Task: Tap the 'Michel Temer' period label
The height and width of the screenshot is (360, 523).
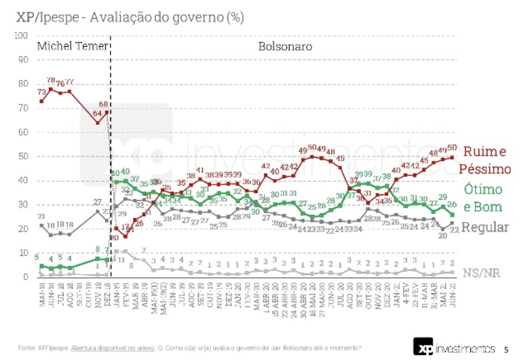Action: click(72, 46)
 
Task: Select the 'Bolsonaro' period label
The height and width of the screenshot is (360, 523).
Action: click(285, 46)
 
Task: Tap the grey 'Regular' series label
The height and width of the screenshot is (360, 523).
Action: click(485, 227)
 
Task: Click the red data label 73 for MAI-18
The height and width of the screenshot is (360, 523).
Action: click(42, 92)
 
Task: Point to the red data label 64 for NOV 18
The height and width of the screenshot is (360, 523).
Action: click(98, 114)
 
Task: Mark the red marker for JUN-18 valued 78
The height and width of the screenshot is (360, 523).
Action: click(51, 89)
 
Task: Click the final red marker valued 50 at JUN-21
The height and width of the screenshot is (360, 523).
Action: click(452, 157)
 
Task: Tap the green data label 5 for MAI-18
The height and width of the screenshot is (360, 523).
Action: click(37, 257)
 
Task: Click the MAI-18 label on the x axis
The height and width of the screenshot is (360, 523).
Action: click(42, 294)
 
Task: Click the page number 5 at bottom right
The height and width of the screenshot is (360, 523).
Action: click(506, 350)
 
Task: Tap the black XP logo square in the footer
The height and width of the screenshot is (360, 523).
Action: click(423, 347)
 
